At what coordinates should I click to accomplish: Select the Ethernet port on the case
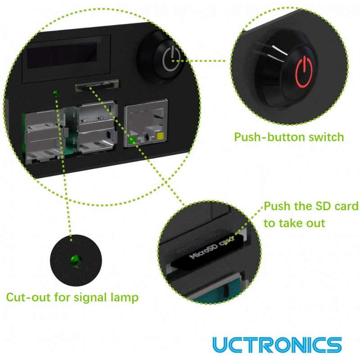point(146,123)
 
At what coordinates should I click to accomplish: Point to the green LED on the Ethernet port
point(132,140)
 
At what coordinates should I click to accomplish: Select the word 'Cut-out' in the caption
point(28,297)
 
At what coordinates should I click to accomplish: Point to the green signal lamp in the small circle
point(76,261)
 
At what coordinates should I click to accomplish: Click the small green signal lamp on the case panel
point(55,93)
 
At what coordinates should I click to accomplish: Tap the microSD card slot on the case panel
point(97,85)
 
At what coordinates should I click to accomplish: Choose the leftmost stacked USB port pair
point(44,137)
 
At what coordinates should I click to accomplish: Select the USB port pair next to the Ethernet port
point(96,127)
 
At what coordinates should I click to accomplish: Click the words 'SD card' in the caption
point(337,206)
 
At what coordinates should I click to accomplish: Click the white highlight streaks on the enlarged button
point(277,54)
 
